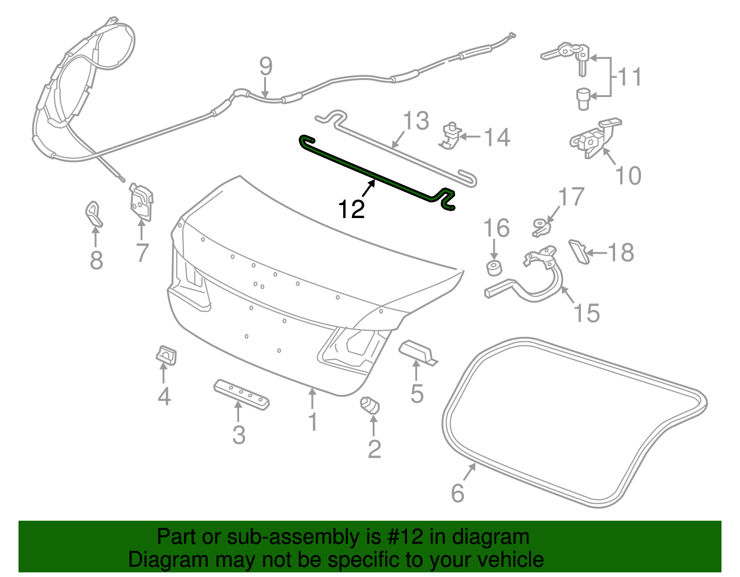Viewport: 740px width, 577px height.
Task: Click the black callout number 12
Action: coord(351,209)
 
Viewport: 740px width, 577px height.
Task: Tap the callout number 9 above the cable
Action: coord(265,67)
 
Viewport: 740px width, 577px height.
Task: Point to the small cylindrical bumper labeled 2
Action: coord(370,405)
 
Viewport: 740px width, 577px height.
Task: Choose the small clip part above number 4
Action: coord(166,354)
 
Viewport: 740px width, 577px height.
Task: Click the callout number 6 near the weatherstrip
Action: coord(457,493)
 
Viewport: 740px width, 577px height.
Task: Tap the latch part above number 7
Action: coord(141,201)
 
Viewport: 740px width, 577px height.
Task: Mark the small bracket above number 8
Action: coord(94,213)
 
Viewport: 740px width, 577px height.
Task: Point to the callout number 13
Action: coord(416,121)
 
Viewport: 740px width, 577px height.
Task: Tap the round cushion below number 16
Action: coord(494,268)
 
